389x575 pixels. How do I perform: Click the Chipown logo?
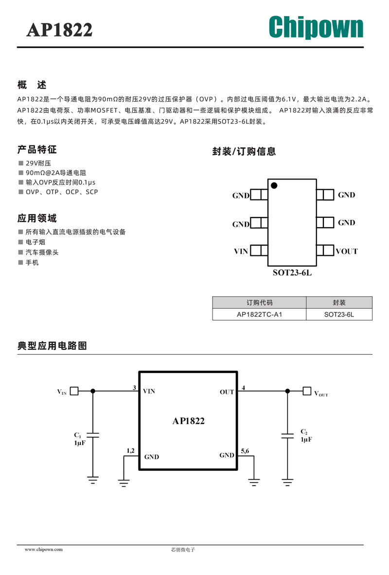(x=316, y=27)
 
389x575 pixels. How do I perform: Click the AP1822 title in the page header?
(x=59, y=30)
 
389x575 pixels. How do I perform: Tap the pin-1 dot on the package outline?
(x=274, y=185)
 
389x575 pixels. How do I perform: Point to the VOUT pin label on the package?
(x=347, y=251)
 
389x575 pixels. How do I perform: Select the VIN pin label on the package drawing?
(x=241, y=251)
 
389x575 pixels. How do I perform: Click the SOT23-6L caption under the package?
(x=292, y=272)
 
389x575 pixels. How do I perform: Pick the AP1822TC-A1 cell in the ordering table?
(x=260, y=314)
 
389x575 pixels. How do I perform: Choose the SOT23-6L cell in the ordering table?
(x=339, y=314)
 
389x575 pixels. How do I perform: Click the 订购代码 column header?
(x=260, y=303)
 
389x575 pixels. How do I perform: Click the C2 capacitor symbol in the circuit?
(x=287, y=436)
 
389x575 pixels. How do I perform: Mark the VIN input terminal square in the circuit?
(x=74, y=391)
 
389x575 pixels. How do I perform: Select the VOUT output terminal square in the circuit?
(x=307, y=391)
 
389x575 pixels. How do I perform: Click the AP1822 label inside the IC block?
(x=189, y=421)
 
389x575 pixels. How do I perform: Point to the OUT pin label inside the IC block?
(x=227, y=392)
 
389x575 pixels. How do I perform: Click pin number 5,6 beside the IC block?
(x=245, y=451)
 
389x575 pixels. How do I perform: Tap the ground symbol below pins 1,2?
(x=124, y=483)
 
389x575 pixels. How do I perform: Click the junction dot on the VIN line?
(x=93, y=391)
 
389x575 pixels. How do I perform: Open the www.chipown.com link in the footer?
(x=44, y=549)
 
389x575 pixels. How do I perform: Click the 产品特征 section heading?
(x=37, y=150)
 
